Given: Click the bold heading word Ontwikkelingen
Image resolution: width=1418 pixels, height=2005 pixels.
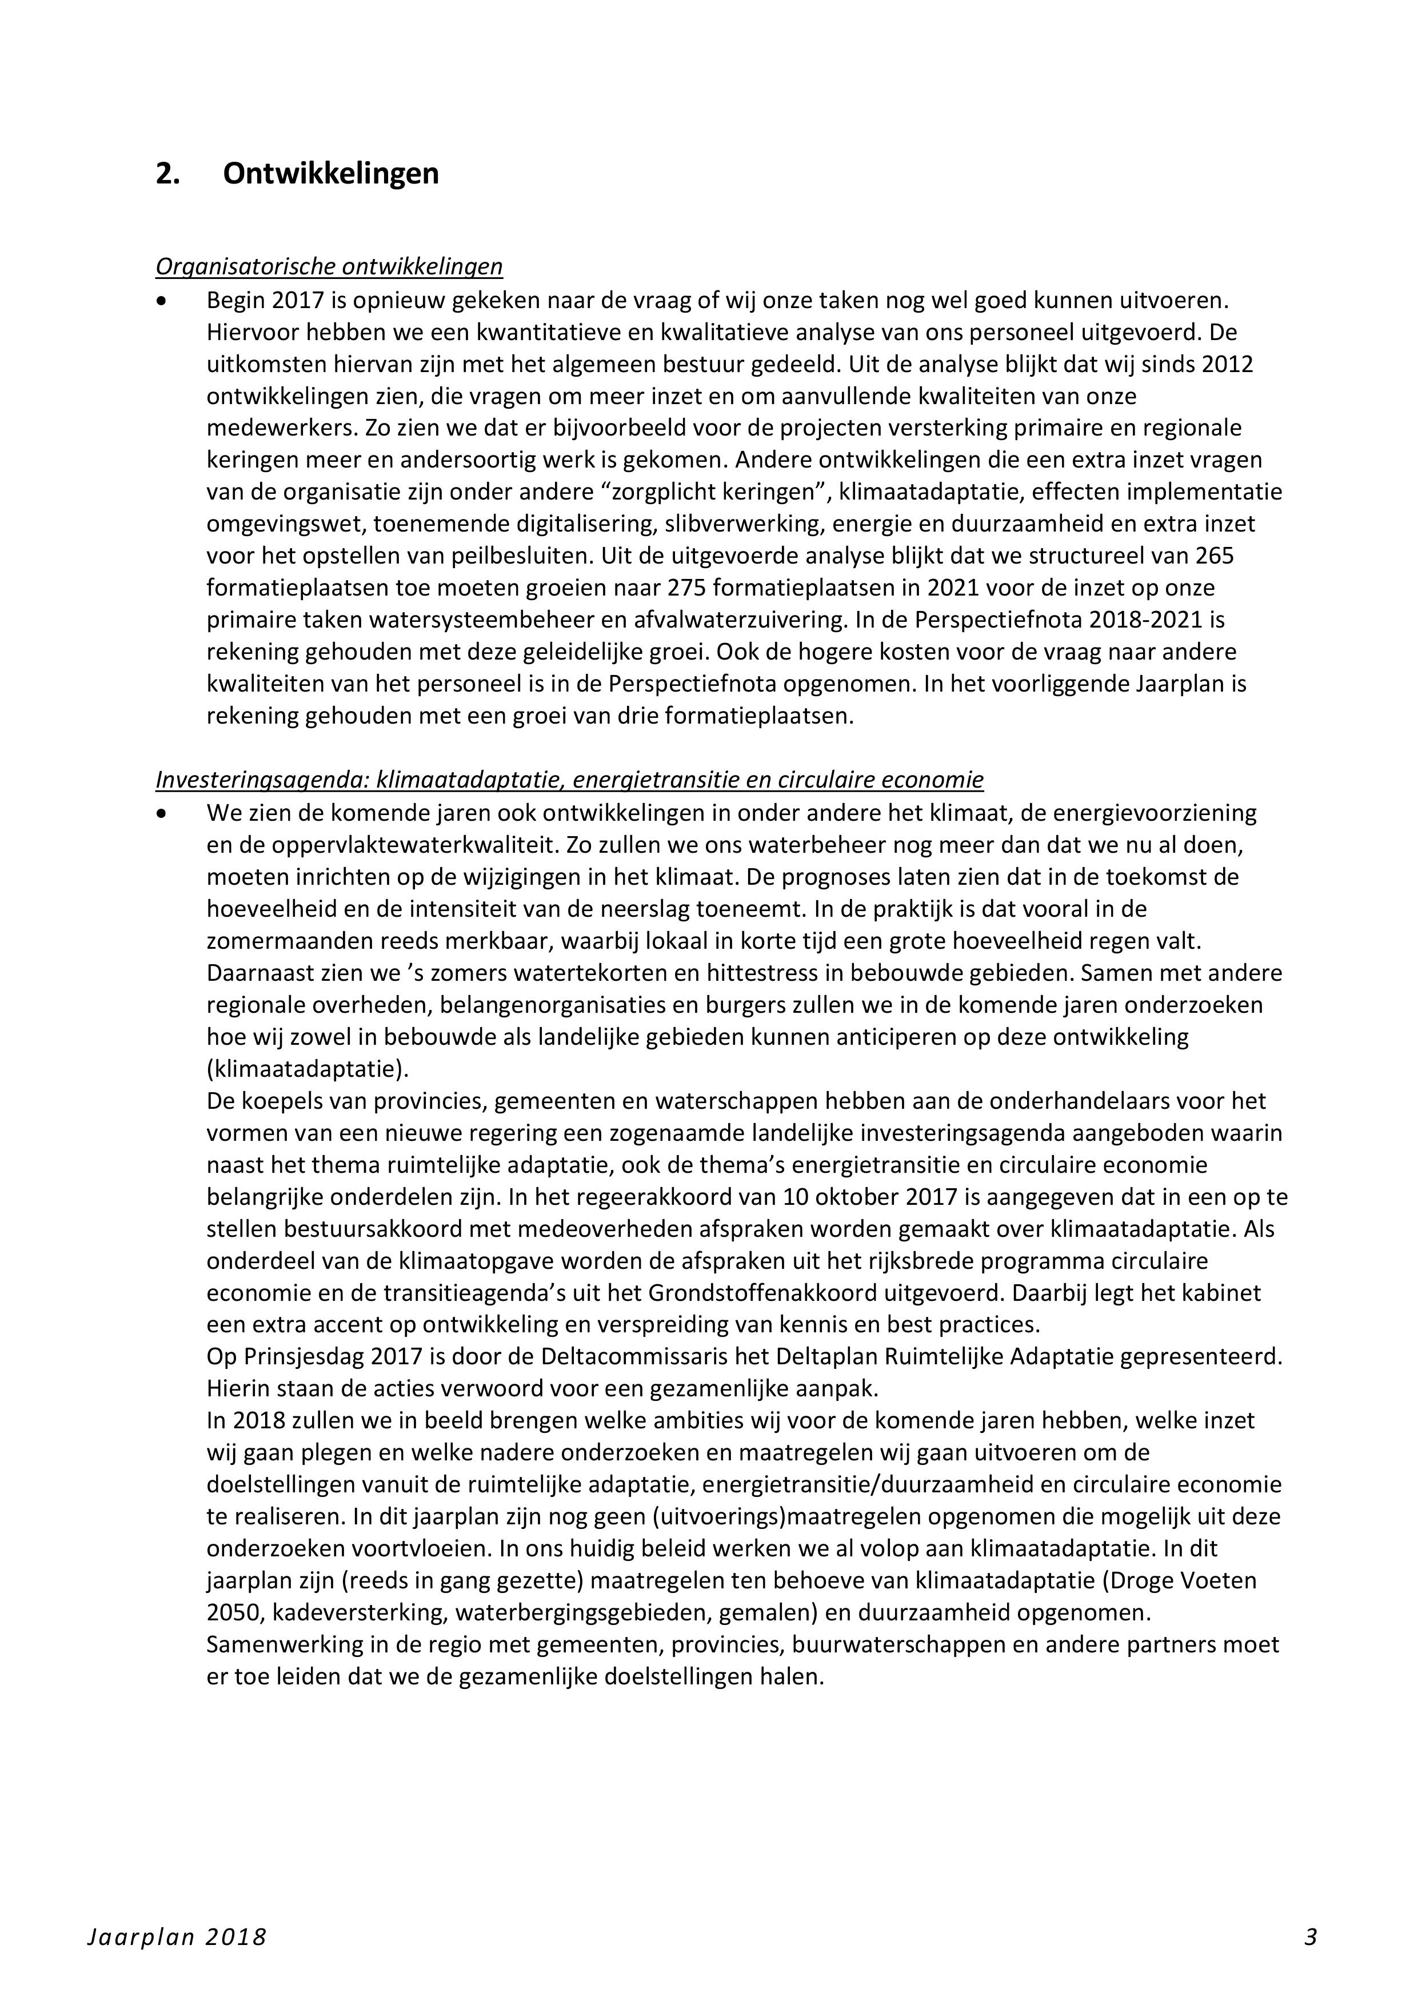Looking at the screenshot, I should (331, 174).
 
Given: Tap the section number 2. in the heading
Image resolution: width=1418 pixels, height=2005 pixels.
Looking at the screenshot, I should (167, 174).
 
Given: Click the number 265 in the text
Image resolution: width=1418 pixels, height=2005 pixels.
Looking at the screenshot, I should (1216, 556).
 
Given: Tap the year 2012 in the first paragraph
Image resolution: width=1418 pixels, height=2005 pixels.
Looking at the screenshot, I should (1228, 364).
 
